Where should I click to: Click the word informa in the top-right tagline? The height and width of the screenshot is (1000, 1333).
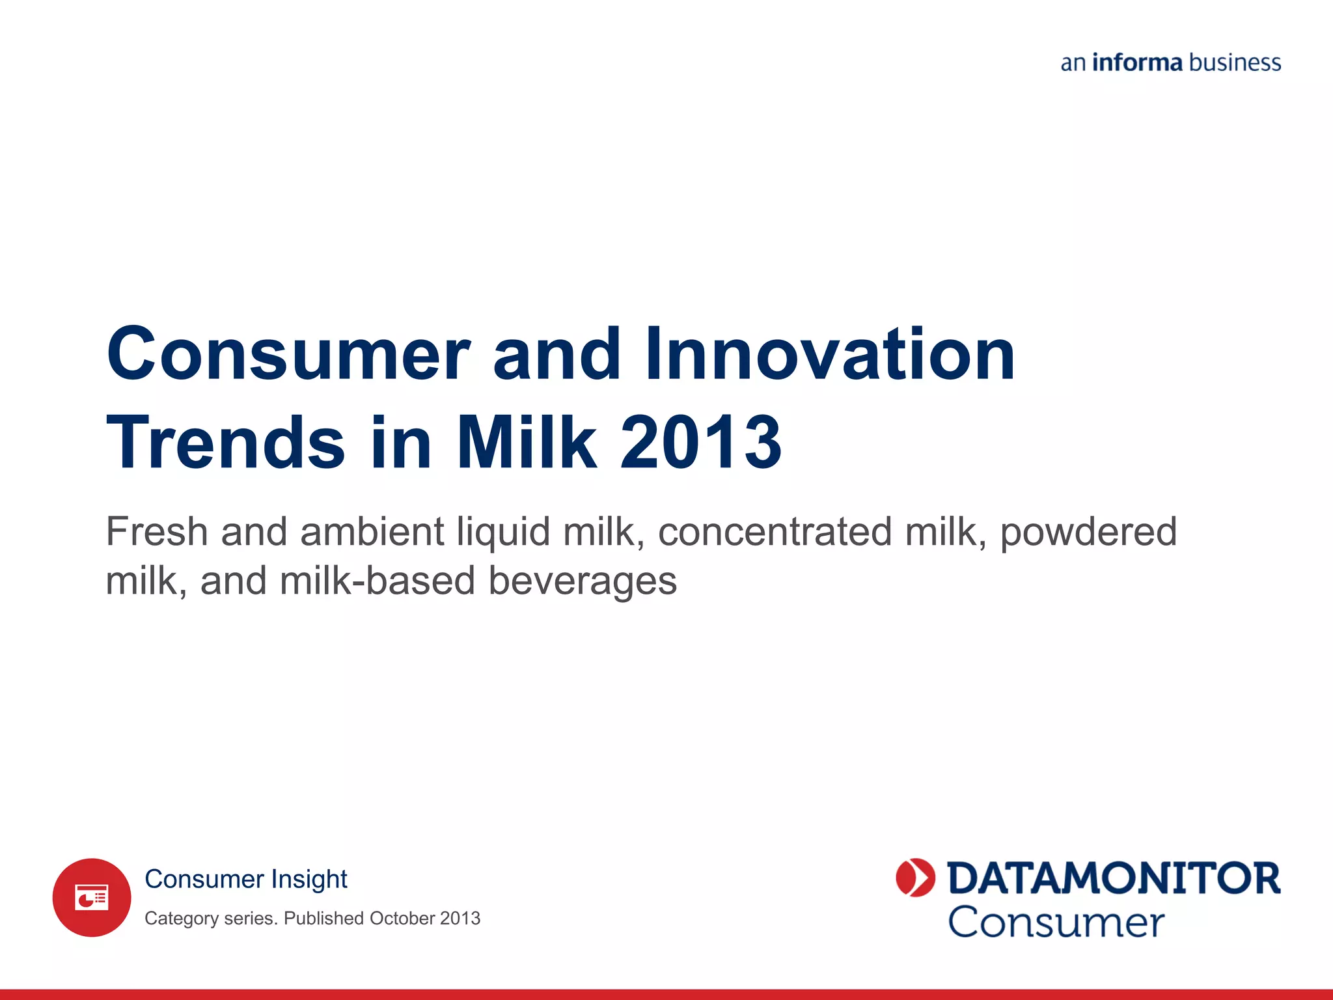tap(1137, 62)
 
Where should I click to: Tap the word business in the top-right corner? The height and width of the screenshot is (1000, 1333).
tap(1235, 62)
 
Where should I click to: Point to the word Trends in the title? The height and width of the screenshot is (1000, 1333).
tap(226, 442)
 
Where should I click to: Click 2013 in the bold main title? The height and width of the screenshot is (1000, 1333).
tap(701, 442)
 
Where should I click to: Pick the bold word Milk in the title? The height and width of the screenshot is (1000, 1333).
tap(526, 442)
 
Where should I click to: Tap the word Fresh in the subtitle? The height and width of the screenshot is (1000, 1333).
tap(157, 531)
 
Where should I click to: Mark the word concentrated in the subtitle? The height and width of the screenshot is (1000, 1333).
tap(775, 531)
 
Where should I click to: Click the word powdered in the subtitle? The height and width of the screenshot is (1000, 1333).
tap(1089, 533)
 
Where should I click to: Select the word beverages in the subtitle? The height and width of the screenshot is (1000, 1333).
tap(583, 581)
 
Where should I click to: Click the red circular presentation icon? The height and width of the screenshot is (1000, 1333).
tap(92, 898)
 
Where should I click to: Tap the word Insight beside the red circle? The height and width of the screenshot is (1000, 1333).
tap(309, 880)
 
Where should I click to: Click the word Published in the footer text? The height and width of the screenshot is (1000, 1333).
tap(323, 918)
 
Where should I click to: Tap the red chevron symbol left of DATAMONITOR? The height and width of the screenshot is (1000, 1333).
tap(915, 878)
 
